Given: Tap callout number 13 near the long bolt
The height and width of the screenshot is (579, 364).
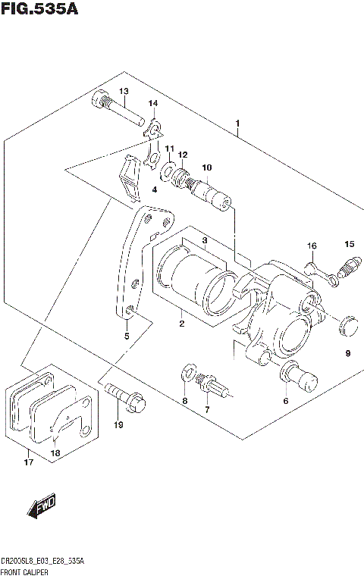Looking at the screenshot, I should pos(124,92).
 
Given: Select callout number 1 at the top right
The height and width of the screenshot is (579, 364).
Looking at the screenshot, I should pos(238,123).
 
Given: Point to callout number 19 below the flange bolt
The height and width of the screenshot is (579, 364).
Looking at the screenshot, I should pos(118,425).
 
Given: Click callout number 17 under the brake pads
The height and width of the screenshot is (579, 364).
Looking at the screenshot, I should pos(29,462).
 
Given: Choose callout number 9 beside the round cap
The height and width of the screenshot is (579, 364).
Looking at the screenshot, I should pos(347,353).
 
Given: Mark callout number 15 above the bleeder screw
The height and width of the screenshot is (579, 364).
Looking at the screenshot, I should pos(349,244).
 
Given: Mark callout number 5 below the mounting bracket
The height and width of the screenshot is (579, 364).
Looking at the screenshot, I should pos(127,336).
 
